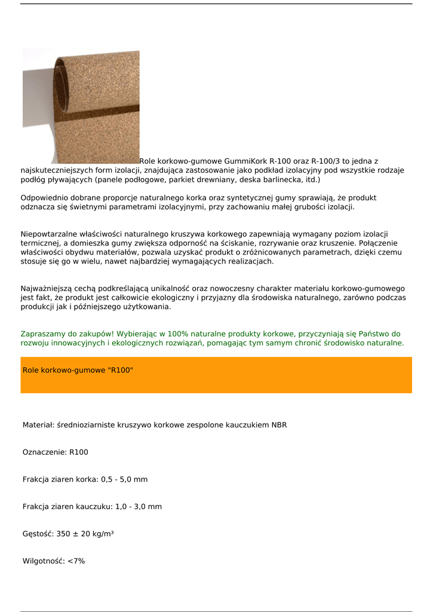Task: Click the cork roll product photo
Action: pos(81,106)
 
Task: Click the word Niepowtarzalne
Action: pos(50,234)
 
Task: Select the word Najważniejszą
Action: pos(47,289)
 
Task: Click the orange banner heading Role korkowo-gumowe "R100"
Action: pos(78,371)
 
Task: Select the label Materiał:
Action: pos(38,425)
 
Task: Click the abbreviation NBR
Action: pos(279,425)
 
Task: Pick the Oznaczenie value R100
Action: pos(79,452)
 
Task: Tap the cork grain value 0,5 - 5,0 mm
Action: pos(124,479)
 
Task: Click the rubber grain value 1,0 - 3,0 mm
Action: pos(139,507)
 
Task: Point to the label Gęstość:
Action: pos(38,534)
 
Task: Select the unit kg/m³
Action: pos(102,534)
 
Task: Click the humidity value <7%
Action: pos(76,561)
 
